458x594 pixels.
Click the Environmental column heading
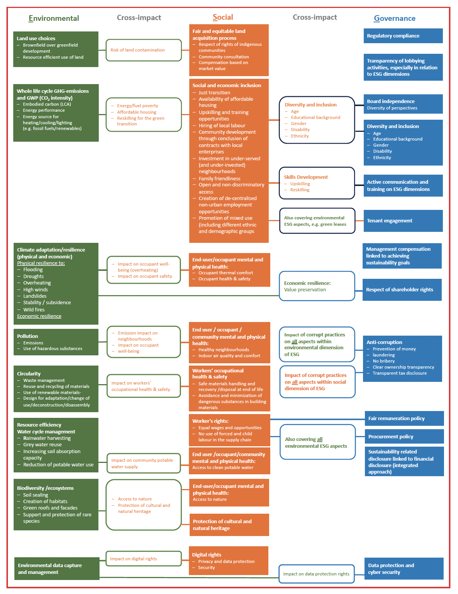54,18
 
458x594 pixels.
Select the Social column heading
223,17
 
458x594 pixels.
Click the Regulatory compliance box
403,36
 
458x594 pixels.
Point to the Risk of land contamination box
144,50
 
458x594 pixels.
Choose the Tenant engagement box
403,220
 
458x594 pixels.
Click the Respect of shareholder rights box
402,289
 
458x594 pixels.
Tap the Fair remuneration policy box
404,418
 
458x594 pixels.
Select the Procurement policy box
404,436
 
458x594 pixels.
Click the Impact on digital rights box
144,559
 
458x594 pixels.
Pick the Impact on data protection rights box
316,574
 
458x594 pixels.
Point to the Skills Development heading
305,177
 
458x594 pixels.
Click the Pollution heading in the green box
28,336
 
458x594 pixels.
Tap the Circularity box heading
29,374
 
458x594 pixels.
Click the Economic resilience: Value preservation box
317,286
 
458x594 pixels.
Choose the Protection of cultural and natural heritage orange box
229,525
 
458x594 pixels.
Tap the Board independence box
403,104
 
